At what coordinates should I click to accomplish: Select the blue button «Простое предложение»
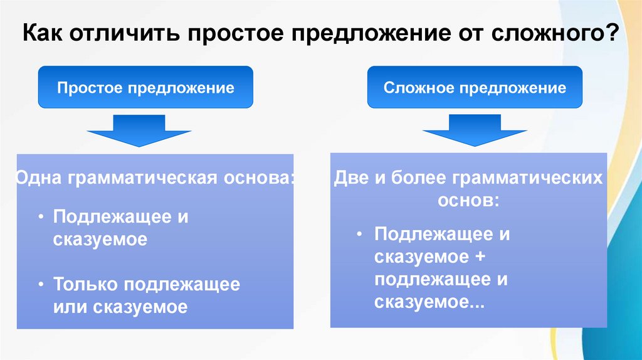click(x=145, y=87)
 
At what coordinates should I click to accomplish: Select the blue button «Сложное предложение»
click(x=475, y=87)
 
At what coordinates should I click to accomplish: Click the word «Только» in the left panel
click(x=85, y=284)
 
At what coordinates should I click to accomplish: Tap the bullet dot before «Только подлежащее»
click(x=40, y=284)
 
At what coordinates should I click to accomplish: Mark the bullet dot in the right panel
click(x=360, y=235)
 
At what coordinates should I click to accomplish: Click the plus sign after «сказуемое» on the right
click(x=481, y=257)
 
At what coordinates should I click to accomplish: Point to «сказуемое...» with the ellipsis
click(x=429, y=302)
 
